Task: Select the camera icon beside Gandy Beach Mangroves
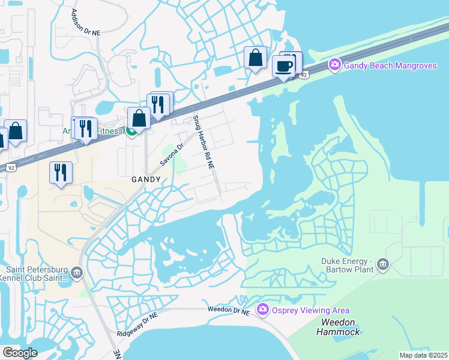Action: click(334, 64)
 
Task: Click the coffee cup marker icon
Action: click(284, 66)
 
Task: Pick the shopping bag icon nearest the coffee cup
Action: click(256, 58)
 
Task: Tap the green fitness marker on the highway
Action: click(130, 131)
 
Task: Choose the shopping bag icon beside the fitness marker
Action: click(139, 118)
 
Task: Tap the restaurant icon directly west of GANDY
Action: click(61, 172)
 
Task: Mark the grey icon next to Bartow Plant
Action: click(383, 264)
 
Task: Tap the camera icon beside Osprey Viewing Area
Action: click(262, 310)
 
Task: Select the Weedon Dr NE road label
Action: click(228, 310)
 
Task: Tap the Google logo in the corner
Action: click(20, 352)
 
